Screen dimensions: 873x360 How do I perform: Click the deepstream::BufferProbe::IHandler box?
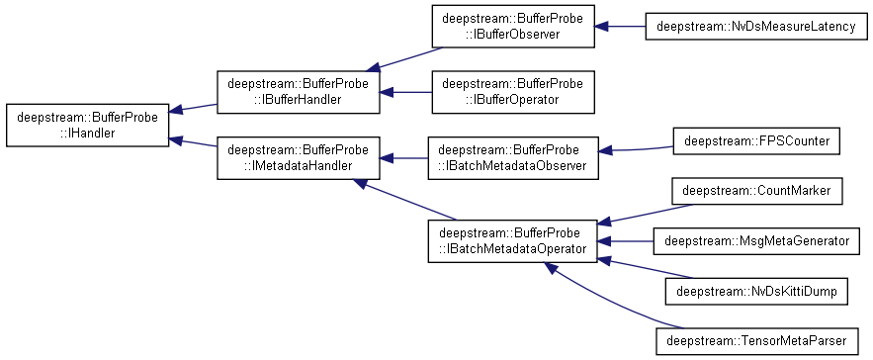coord(87,125)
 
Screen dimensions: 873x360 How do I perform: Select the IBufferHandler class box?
coord(299,92)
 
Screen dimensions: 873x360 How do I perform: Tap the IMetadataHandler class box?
coord(299,157)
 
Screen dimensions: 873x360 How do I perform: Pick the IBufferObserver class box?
coord(513,26)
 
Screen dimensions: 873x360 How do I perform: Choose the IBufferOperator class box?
coord(513,92)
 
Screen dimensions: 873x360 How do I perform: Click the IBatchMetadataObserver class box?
coord(513,157)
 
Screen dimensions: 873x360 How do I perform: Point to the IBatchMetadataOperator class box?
coord(513,240)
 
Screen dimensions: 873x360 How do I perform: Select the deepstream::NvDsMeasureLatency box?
coord(756,26)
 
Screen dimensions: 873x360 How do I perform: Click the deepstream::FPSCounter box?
coord(756,141)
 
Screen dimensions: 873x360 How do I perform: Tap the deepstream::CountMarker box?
coord(756,191)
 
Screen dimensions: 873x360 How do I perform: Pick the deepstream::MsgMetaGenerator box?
coord(756,241)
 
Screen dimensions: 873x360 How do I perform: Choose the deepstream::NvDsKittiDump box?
coord(756,291)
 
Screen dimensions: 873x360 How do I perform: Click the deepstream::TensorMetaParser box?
coord(756,341)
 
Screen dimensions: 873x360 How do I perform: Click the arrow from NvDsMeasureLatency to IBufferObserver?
coord(620,26)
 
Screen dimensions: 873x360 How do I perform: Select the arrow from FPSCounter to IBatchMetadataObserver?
coord(636,149)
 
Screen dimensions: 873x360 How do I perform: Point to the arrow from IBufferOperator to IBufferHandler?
coord(406,92)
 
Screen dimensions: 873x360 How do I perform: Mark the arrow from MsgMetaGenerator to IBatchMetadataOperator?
coord(626,241)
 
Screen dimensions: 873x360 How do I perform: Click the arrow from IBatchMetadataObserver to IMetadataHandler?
coord(403,158)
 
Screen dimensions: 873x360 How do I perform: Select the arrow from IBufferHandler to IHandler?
coord(193,108)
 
